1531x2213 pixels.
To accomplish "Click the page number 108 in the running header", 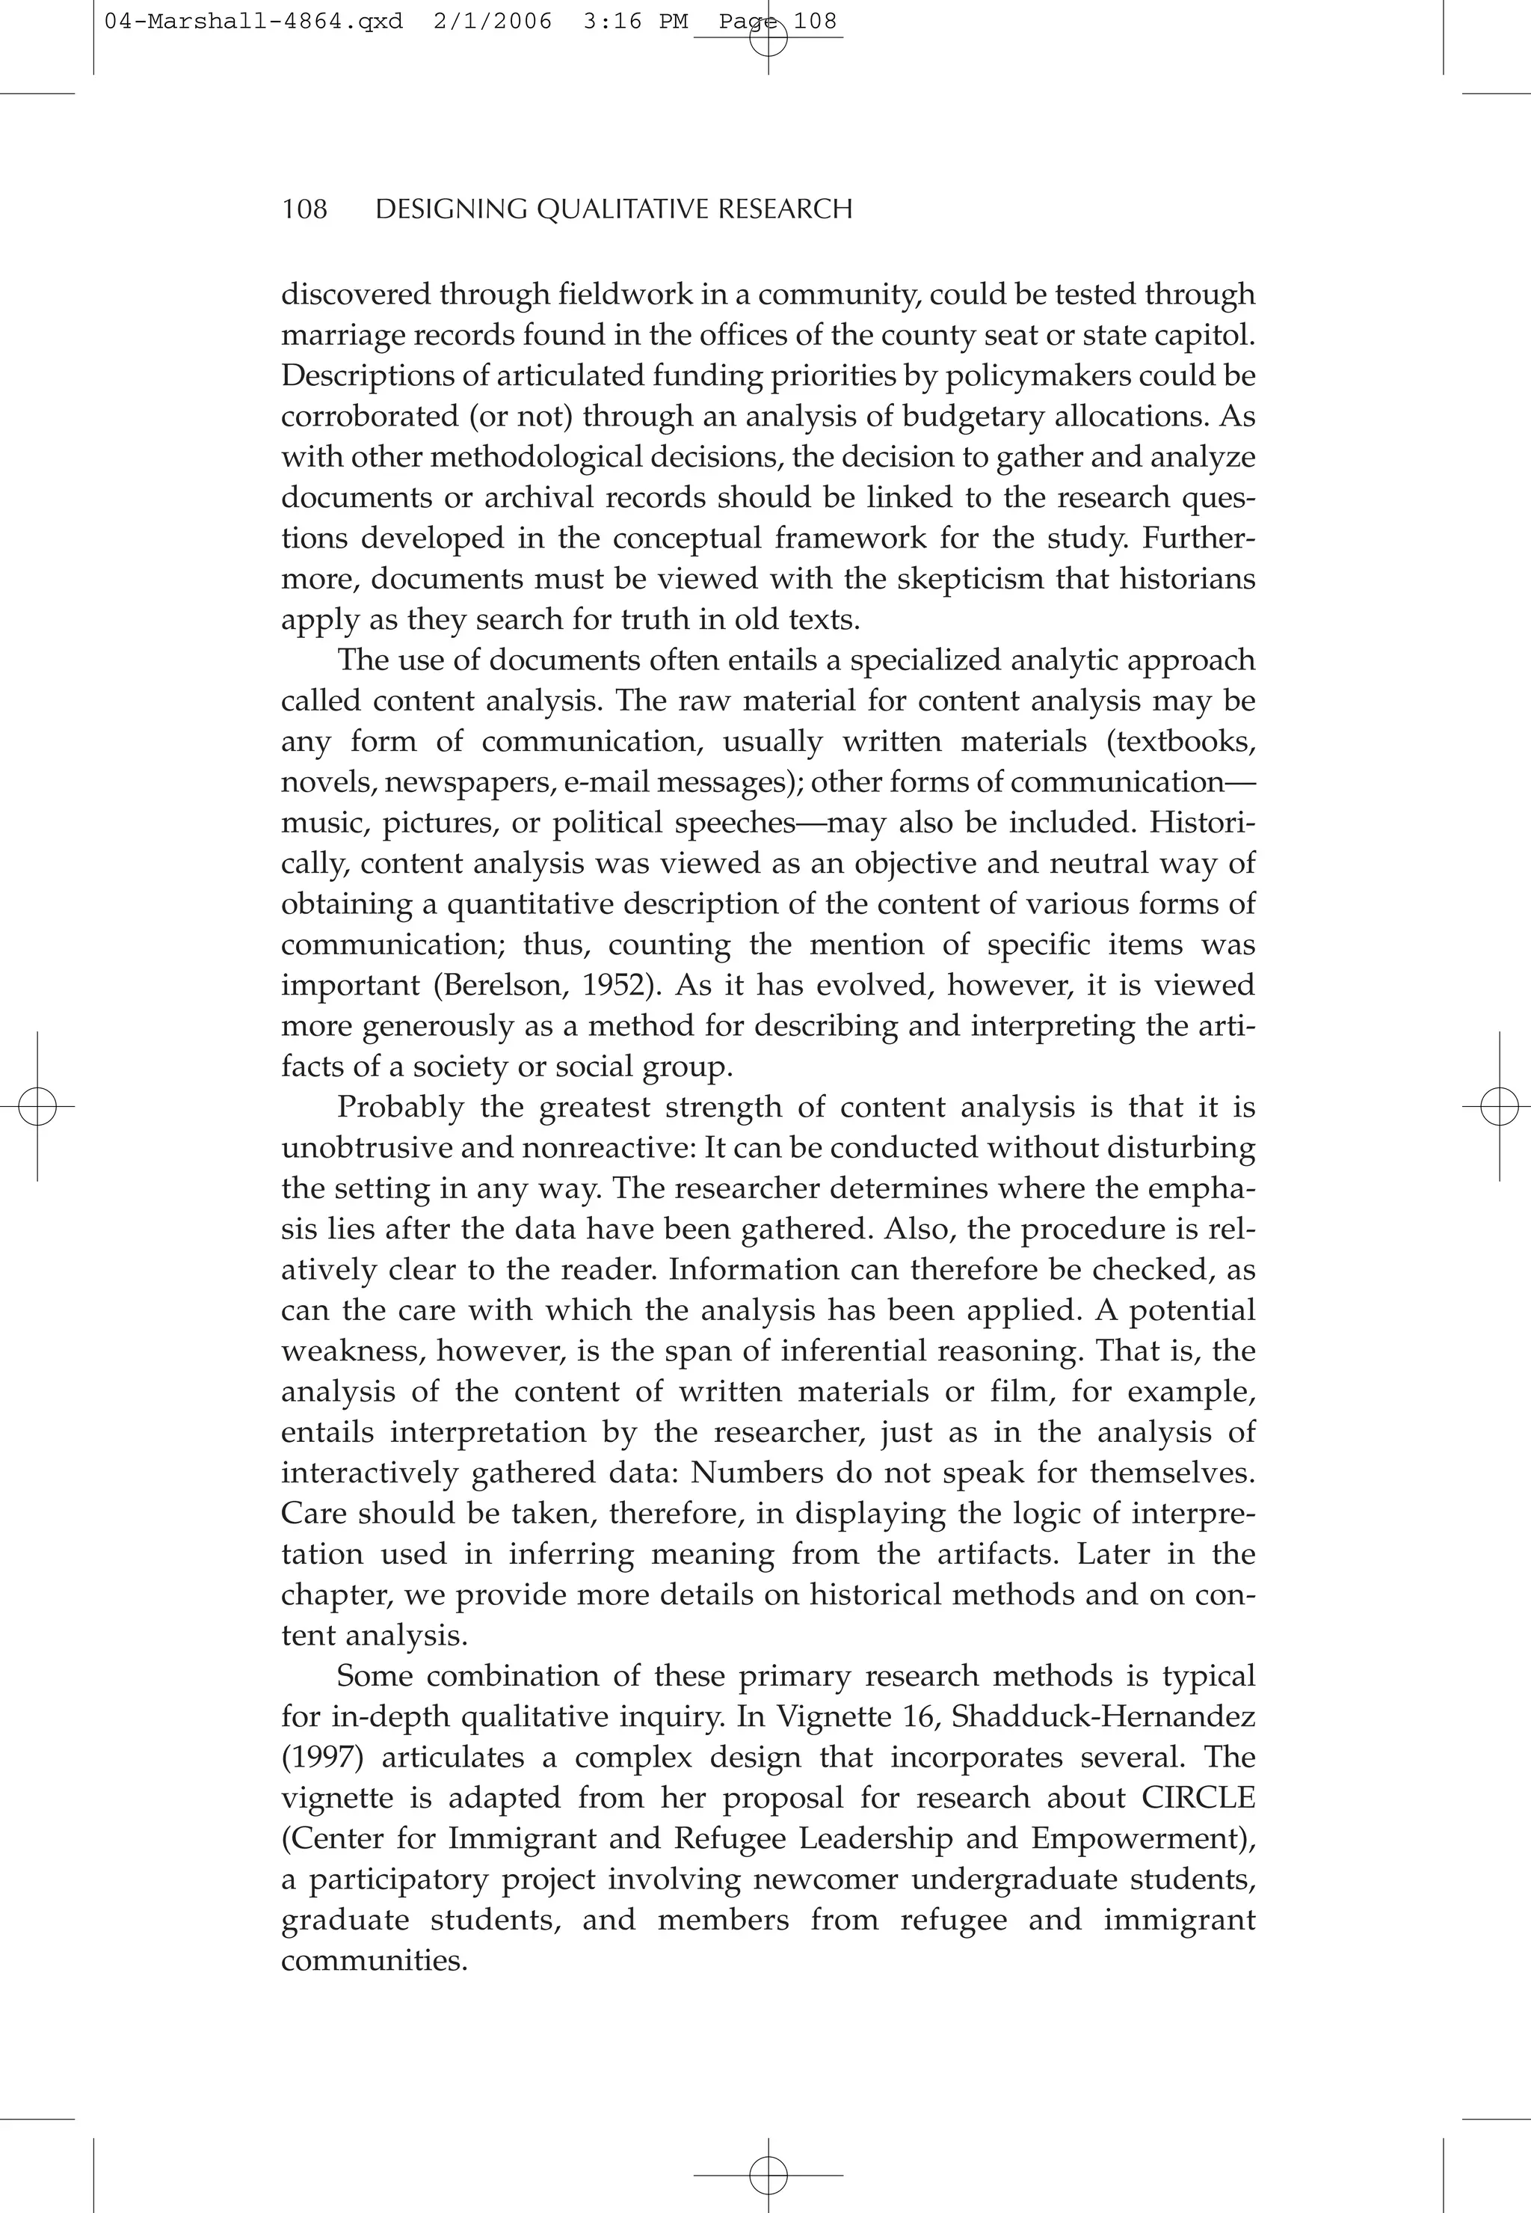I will click(304, 209).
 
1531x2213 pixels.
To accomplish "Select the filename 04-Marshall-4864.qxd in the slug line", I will click(253, 21).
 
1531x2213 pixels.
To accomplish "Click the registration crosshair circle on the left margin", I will click(37, 1107).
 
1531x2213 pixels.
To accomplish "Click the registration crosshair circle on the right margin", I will click(1497, 1107).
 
